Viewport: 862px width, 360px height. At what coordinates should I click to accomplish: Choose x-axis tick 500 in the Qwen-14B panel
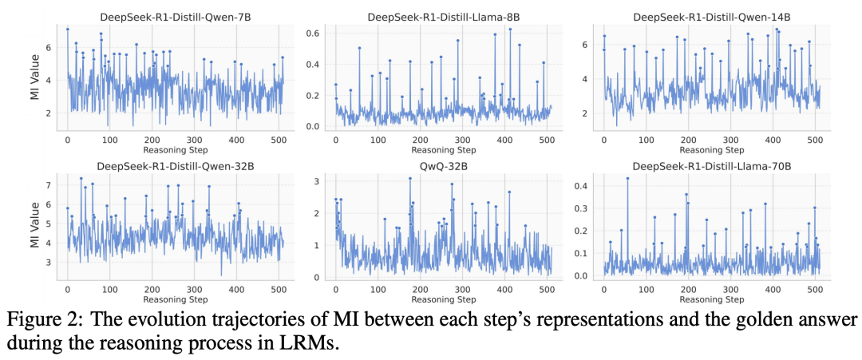point(815,138)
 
